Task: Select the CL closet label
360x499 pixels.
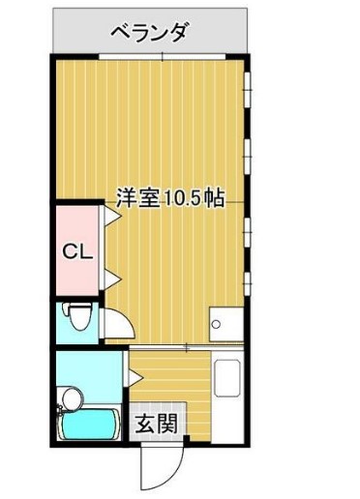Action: (77, 251)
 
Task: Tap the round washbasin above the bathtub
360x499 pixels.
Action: (70, 396)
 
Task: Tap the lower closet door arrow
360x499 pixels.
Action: (111, 280)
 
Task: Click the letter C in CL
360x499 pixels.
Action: (71, 251)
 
